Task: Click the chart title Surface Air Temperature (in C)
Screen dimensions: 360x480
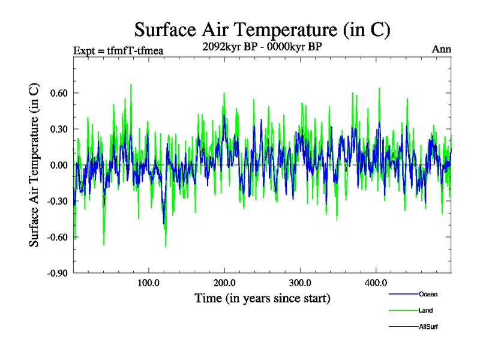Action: click(262, 29)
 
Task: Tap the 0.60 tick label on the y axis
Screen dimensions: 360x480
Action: click(58, 93)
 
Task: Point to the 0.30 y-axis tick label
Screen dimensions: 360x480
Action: click(58, 129)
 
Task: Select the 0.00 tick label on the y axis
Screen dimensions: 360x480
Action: click(58, 165)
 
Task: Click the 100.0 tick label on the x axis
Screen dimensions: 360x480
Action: click(148, 283)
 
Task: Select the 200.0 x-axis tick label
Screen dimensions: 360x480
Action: click(224, 283)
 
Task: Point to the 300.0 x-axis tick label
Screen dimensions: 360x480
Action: click(299, 283)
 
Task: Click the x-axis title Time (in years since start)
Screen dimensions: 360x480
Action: click(262, 298)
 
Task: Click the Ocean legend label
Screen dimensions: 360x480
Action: click(428, 294)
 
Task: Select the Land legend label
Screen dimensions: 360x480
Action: click(426, 310)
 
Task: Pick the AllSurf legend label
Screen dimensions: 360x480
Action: click(428, 326)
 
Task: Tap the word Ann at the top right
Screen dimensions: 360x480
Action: click(442, 49)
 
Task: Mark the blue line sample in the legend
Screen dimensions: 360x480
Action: click(403, 295)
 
